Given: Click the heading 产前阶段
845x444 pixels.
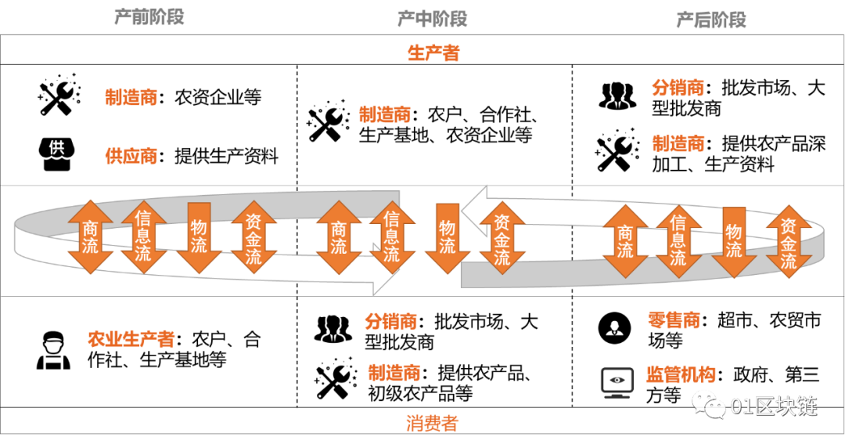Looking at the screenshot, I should pos(149,16).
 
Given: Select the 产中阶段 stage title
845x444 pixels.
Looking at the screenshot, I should pos(432,18).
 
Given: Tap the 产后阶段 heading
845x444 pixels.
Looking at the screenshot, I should pos(710,20).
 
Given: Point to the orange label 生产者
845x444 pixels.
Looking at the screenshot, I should pos(433,53).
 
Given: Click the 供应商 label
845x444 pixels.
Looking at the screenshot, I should pos(131,156).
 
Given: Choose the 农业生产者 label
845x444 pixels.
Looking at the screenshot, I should pos(131,339).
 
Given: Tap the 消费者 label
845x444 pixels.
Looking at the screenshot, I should pos(432,424).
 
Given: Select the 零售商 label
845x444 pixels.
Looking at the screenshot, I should pos(674,320).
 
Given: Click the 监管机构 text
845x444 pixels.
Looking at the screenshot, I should pos(680,374).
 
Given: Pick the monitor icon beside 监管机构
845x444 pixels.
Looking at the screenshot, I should pos(617,382).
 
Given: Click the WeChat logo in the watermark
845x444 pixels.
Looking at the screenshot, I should pos(708,404).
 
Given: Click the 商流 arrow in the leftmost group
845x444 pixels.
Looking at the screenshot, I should pos(91,236).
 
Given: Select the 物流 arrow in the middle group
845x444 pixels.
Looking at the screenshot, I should pos(447,237).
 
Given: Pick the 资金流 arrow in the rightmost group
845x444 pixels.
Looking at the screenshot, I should pos(788,242).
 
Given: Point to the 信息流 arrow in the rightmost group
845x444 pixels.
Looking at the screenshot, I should pos(678,240).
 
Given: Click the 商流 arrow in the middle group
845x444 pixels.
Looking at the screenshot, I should pos(338,237).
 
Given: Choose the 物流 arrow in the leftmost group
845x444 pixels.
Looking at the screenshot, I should pos(199,237).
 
